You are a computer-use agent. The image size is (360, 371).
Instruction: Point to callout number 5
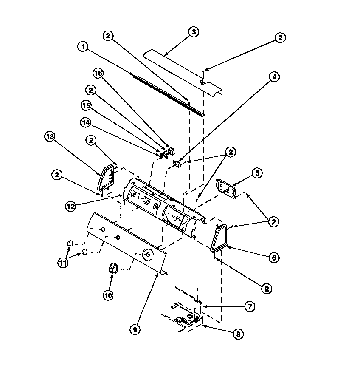(x=269, y=173)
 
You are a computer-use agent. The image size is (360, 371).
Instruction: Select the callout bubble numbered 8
(x=239, y=334)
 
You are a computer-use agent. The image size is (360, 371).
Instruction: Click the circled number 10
(x=108, y=295)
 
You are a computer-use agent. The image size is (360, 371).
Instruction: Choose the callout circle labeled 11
(x=63, y=263)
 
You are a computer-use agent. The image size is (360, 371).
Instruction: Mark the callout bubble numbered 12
(x=71, y=206)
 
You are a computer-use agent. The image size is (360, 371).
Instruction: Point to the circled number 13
(x=50, y=136)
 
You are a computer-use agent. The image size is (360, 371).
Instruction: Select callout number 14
(x=86, y=122)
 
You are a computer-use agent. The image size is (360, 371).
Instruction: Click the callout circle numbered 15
(x=86, y=105)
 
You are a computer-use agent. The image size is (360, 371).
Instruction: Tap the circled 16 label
(x=98, y=74)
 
